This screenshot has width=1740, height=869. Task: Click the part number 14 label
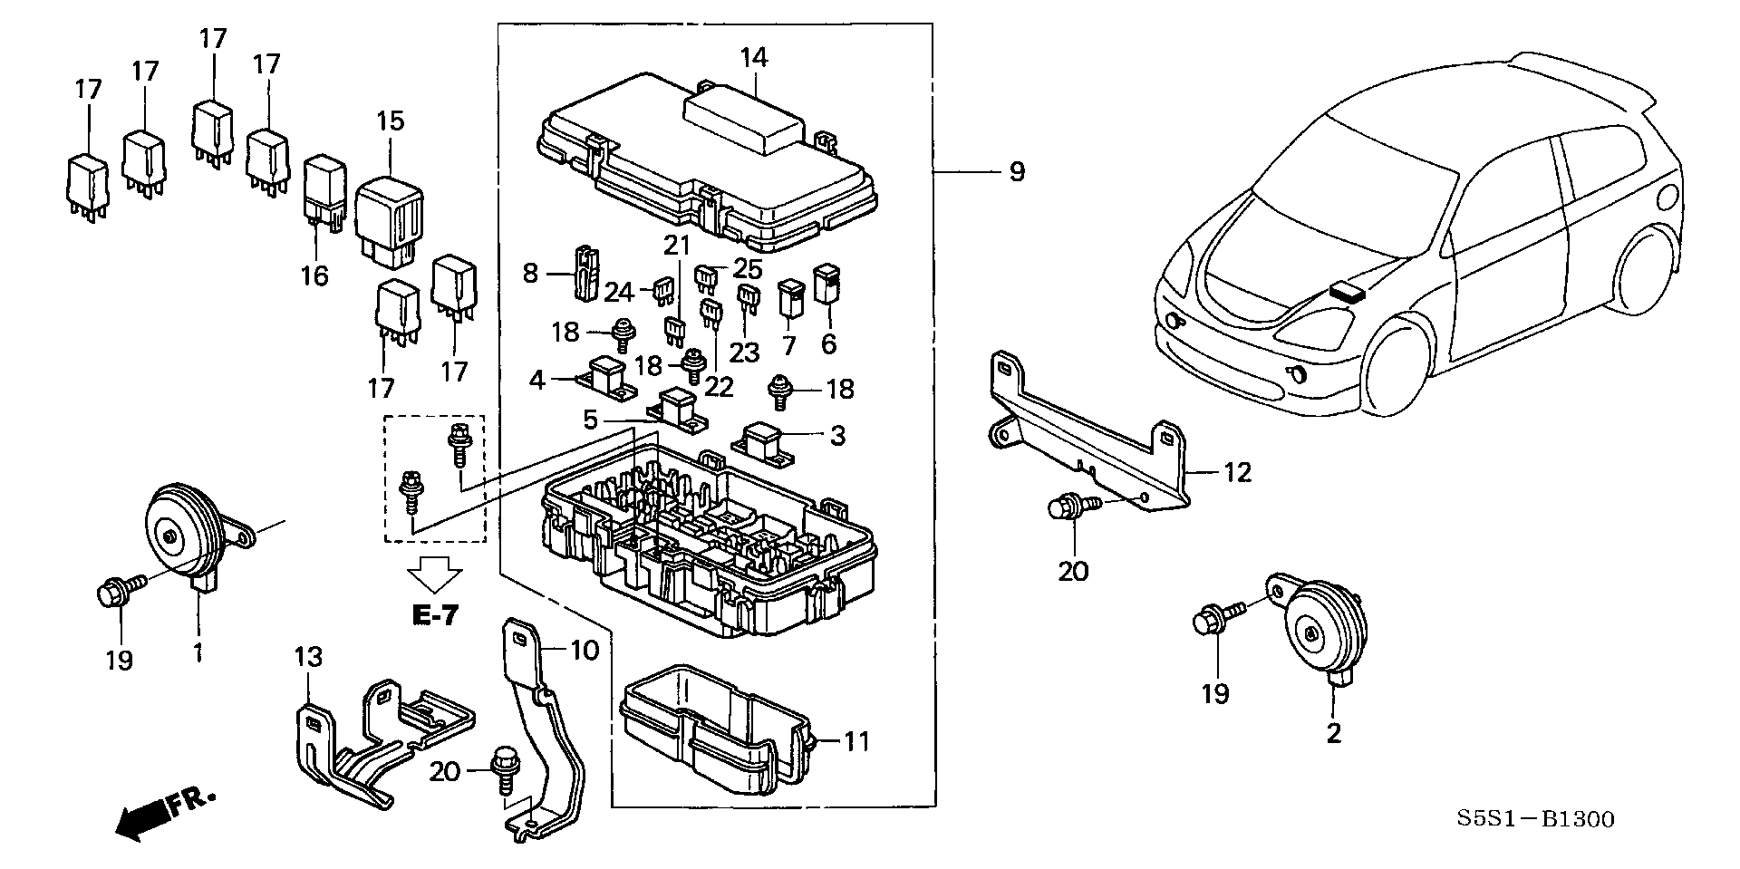point(753,58)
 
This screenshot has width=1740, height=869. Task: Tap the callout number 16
point(314,275)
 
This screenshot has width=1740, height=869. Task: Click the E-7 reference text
point(435,615)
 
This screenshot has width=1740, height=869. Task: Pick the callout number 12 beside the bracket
point(1237,472)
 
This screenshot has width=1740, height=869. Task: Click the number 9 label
point(1017,171)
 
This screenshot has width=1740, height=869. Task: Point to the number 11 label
point(857,742)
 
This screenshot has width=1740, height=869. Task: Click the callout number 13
point(307,656)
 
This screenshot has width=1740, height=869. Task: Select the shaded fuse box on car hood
point(1349,292)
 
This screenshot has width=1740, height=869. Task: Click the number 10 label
point(585,651)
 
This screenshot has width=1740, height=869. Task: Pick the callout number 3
point(837,436)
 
